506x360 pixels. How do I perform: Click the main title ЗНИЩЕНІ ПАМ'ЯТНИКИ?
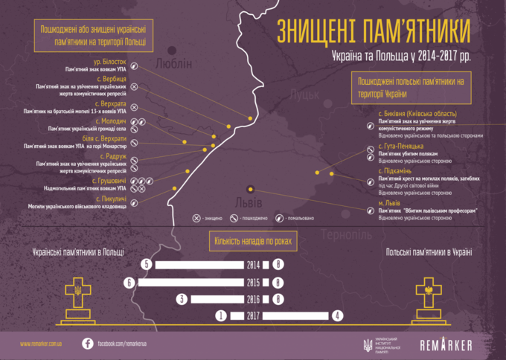pos(374,32)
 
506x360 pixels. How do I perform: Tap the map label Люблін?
pos(174,64)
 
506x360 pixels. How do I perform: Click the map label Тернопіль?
pos(348,234)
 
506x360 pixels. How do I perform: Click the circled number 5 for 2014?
pos(147,265)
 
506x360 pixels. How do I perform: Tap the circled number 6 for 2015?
pos(130,283)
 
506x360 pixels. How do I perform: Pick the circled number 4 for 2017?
pos(338,315)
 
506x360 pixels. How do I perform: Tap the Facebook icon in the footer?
pos(87,344)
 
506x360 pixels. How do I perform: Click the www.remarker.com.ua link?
pos(41,344)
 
